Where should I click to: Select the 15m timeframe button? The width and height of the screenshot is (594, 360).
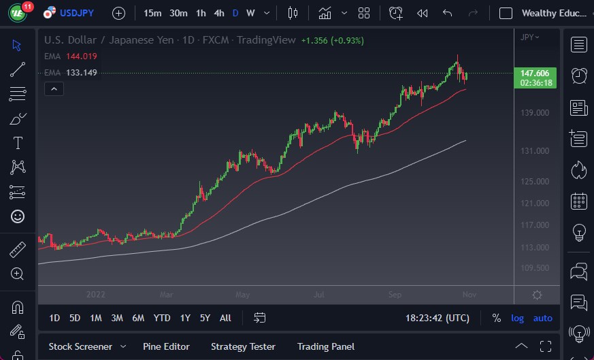[152, 13]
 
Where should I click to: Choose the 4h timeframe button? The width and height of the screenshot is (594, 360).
[218, 13]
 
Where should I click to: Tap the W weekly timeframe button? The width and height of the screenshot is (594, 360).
[250, 13]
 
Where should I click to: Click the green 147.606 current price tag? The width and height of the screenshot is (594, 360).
[535, 73]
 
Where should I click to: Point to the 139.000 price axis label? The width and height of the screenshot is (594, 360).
[534, 113]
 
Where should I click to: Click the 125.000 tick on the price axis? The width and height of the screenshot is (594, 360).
[534, 182]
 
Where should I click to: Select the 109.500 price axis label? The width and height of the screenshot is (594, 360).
[534, 268]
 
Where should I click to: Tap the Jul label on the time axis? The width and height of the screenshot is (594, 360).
[320, 295]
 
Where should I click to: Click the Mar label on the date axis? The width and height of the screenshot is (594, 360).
[166, 295]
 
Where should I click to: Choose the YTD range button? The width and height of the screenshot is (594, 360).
[162, 318]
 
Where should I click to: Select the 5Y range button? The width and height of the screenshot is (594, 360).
[205, 318]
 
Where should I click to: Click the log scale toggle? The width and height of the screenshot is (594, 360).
[518, 318]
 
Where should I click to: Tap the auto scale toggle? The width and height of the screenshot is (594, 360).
[542, 318]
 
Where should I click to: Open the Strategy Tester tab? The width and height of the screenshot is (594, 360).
[243, 346]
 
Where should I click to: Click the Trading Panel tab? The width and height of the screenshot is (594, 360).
[325, 346]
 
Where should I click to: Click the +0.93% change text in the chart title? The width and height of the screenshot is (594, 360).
[347, 40]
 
